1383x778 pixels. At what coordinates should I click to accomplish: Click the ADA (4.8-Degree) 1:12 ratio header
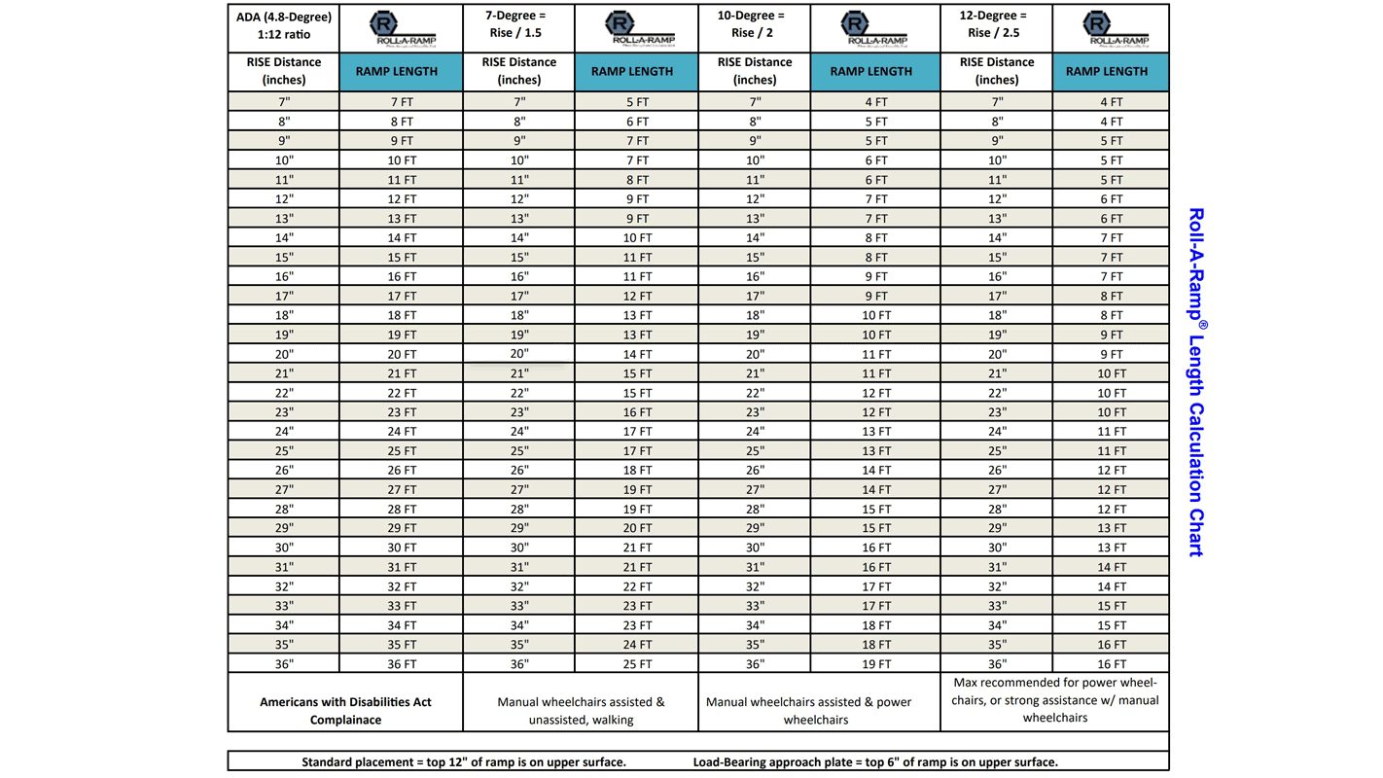pyautogui.click(x=284, y=26)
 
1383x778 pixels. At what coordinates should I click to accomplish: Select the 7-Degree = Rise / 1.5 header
pyautogui.click(x=519, y=24)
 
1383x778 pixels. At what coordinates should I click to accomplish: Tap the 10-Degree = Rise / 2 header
pyautogui.click(x=755, y=24)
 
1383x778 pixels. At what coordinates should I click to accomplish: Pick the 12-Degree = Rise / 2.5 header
pyautogui.click(x=997, y=24)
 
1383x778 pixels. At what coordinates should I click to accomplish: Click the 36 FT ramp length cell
pyautogui.click(x=402, y=664)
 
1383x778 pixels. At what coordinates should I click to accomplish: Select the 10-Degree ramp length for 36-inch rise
pyautogui.click(x=876, y=664)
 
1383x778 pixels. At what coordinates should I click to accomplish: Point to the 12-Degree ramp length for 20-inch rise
pyautogui.click(x=1111, y=354)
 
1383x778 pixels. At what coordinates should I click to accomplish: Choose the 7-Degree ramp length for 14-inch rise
pyautogui.click(x=637, y=237)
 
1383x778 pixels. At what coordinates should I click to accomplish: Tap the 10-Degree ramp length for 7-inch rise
pyautogui.click(x=876, y=101)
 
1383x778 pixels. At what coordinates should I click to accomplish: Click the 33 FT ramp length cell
pyautogui.click(x=402, y=606)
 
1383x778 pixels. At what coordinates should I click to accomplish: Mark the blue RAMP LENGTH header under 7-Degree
pyautogui.click(x=636, y=71)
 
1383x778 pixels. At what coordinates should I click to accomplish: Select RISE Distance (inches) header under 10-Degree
pyautogui.click(x=755, y=71)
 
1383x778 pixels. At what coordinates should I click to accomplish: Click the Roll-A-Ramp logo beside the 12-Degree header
pyautogui.click(x=1111, y=27)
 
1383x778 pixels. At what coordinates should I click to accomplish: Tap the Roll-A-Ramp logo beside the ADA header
pyautogui.click(x=402, y=27)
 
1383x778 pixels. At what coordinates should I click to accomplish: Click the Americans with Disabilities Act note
pyautogui.click(x=345, y=710)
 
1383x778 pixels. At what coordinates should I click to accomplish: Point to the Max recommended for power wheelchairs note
pyautogui.click(x=1054, y=700)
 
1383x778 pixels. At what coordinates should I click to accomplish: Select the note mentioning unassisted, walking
pyautogui.click(x=581, y=710)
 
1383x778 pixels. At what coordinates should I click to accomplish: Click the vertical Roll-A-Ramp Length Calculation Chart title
pyautogui.click(x=1196, y=381)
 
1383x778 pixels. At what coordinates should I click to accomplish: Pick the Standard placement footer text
pyautogui.click(x=464, y=761)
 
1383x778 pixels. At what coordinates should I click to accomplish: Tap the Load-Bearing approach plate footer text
pyautogui.click(x=875, y=761)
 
